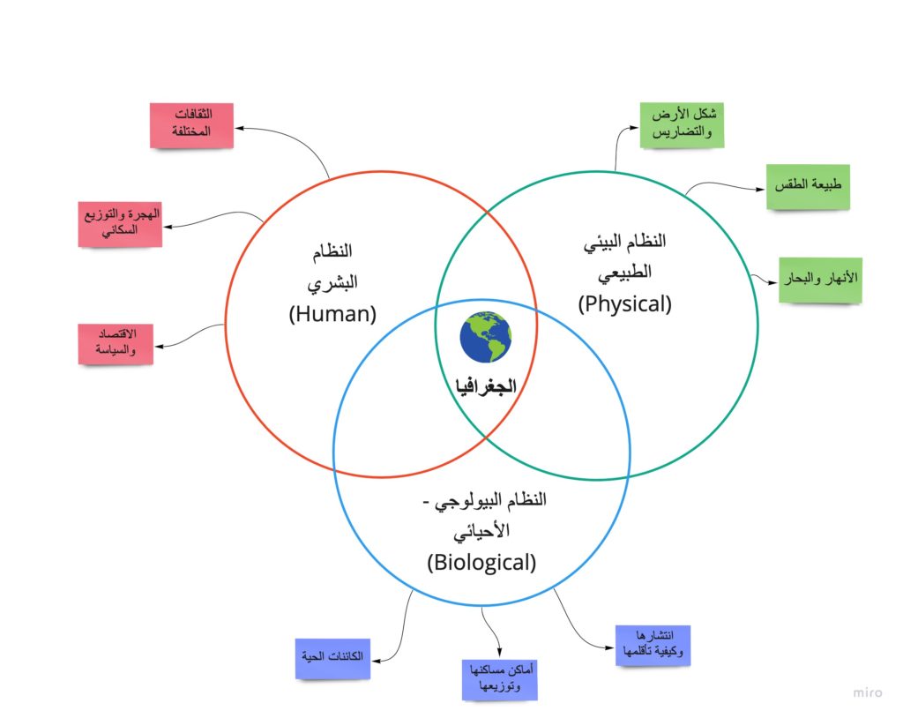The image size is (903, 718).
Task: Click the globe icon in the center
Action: tap(485, 337)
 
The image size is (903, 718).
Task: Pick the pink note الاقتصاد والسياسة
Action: tap(116, 344)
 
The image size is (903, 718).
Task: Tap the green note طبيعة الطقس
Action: tap(808, 186)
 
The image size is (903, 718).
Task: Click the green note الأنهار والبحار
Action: tap(820, 280)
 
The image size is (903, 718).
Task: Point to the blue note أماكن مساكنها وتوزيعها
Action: tap(499, 679)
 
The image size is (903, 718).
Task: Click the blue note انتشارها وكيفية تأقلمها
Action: tap(652, 647)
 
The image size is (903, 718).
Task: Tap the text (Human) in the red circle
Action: tap(332, 313)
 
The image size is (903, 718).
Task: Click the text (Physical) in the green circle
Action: tap(624, 303)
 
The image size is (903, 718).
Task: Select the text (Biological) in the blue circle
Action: tap(481, 562)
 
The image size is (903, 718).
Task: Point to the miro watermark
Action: tap(867, 692)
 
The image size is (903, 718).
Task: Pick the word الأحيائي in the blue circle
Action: tap(481, 532)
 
